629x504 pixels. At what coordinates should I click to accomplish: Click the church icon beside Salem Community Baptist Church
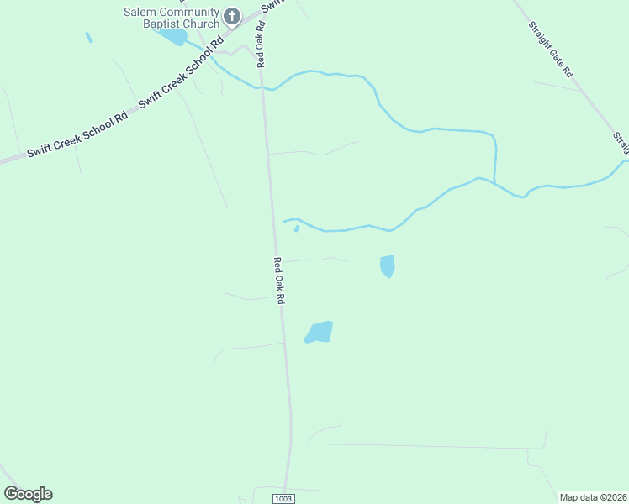tap(233, 16)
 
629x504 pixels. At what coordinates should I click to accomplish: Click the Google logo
tap(28, 494)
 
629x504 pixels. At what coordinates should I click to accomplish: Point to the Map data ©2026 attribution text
tap(592, 497)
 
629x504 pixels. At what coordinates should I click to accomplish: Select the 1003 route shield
tap(284, 498)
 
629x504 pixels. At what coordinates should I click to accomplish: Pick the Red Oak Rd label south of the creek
tap(280, 281)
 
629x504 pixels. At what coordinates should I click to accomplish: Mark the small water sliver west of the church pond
tap(88, 38)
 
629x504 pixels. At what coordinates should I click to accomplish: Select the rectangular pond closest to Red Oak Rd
tap(320, 332)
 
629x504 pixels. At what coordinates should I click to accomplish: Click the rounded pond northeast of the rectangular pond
tap(387, 265)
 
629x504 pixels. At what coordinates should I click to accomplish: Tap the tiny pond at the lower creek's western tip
tap(297, 228)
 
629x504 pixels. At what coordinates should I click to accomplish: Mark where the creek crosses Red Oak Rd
tap(263, 87)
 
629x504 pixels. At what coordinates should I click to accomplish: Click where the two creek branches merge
tap(494, 182)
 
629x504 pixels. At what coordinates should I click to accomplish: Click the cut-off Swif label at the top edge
tap(271, 7)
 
